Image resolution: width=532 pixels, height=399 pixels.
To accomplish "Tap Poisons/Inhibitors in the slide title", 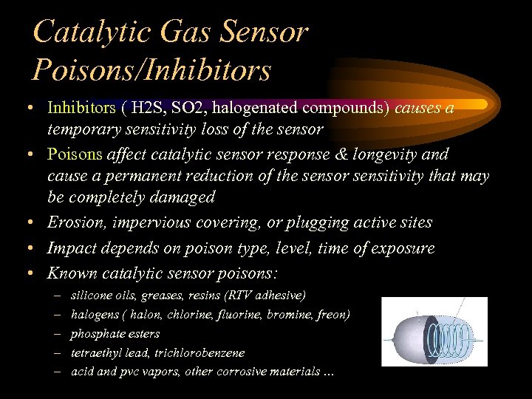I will [x=152, y=69].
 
